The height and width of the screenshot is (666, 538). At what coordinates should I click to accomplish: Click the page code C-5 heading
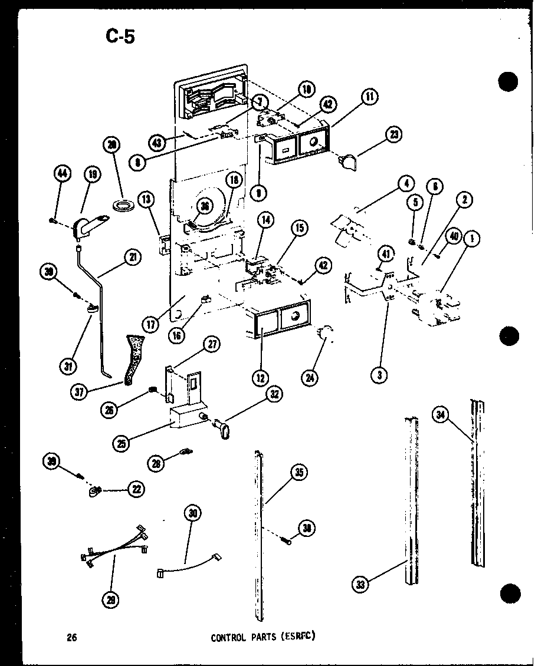[120, 37]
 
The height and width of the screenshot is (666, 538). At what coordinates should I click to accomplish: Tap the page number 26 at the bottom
[72, 637]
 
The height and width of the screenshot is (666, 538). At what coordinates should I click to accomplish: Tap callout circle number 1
[472, 239]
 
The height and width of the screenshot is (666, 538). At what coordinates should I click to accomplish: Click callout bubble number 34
[440, 416]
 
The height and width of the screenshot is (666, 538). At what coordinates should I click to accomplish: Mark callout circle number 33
[360, 585]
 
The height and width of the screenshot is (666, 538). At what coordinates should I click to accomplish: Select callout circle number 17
[153, 324]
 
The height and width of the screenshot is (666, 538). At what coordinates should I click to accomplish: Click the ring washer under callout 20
[123, 206]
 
